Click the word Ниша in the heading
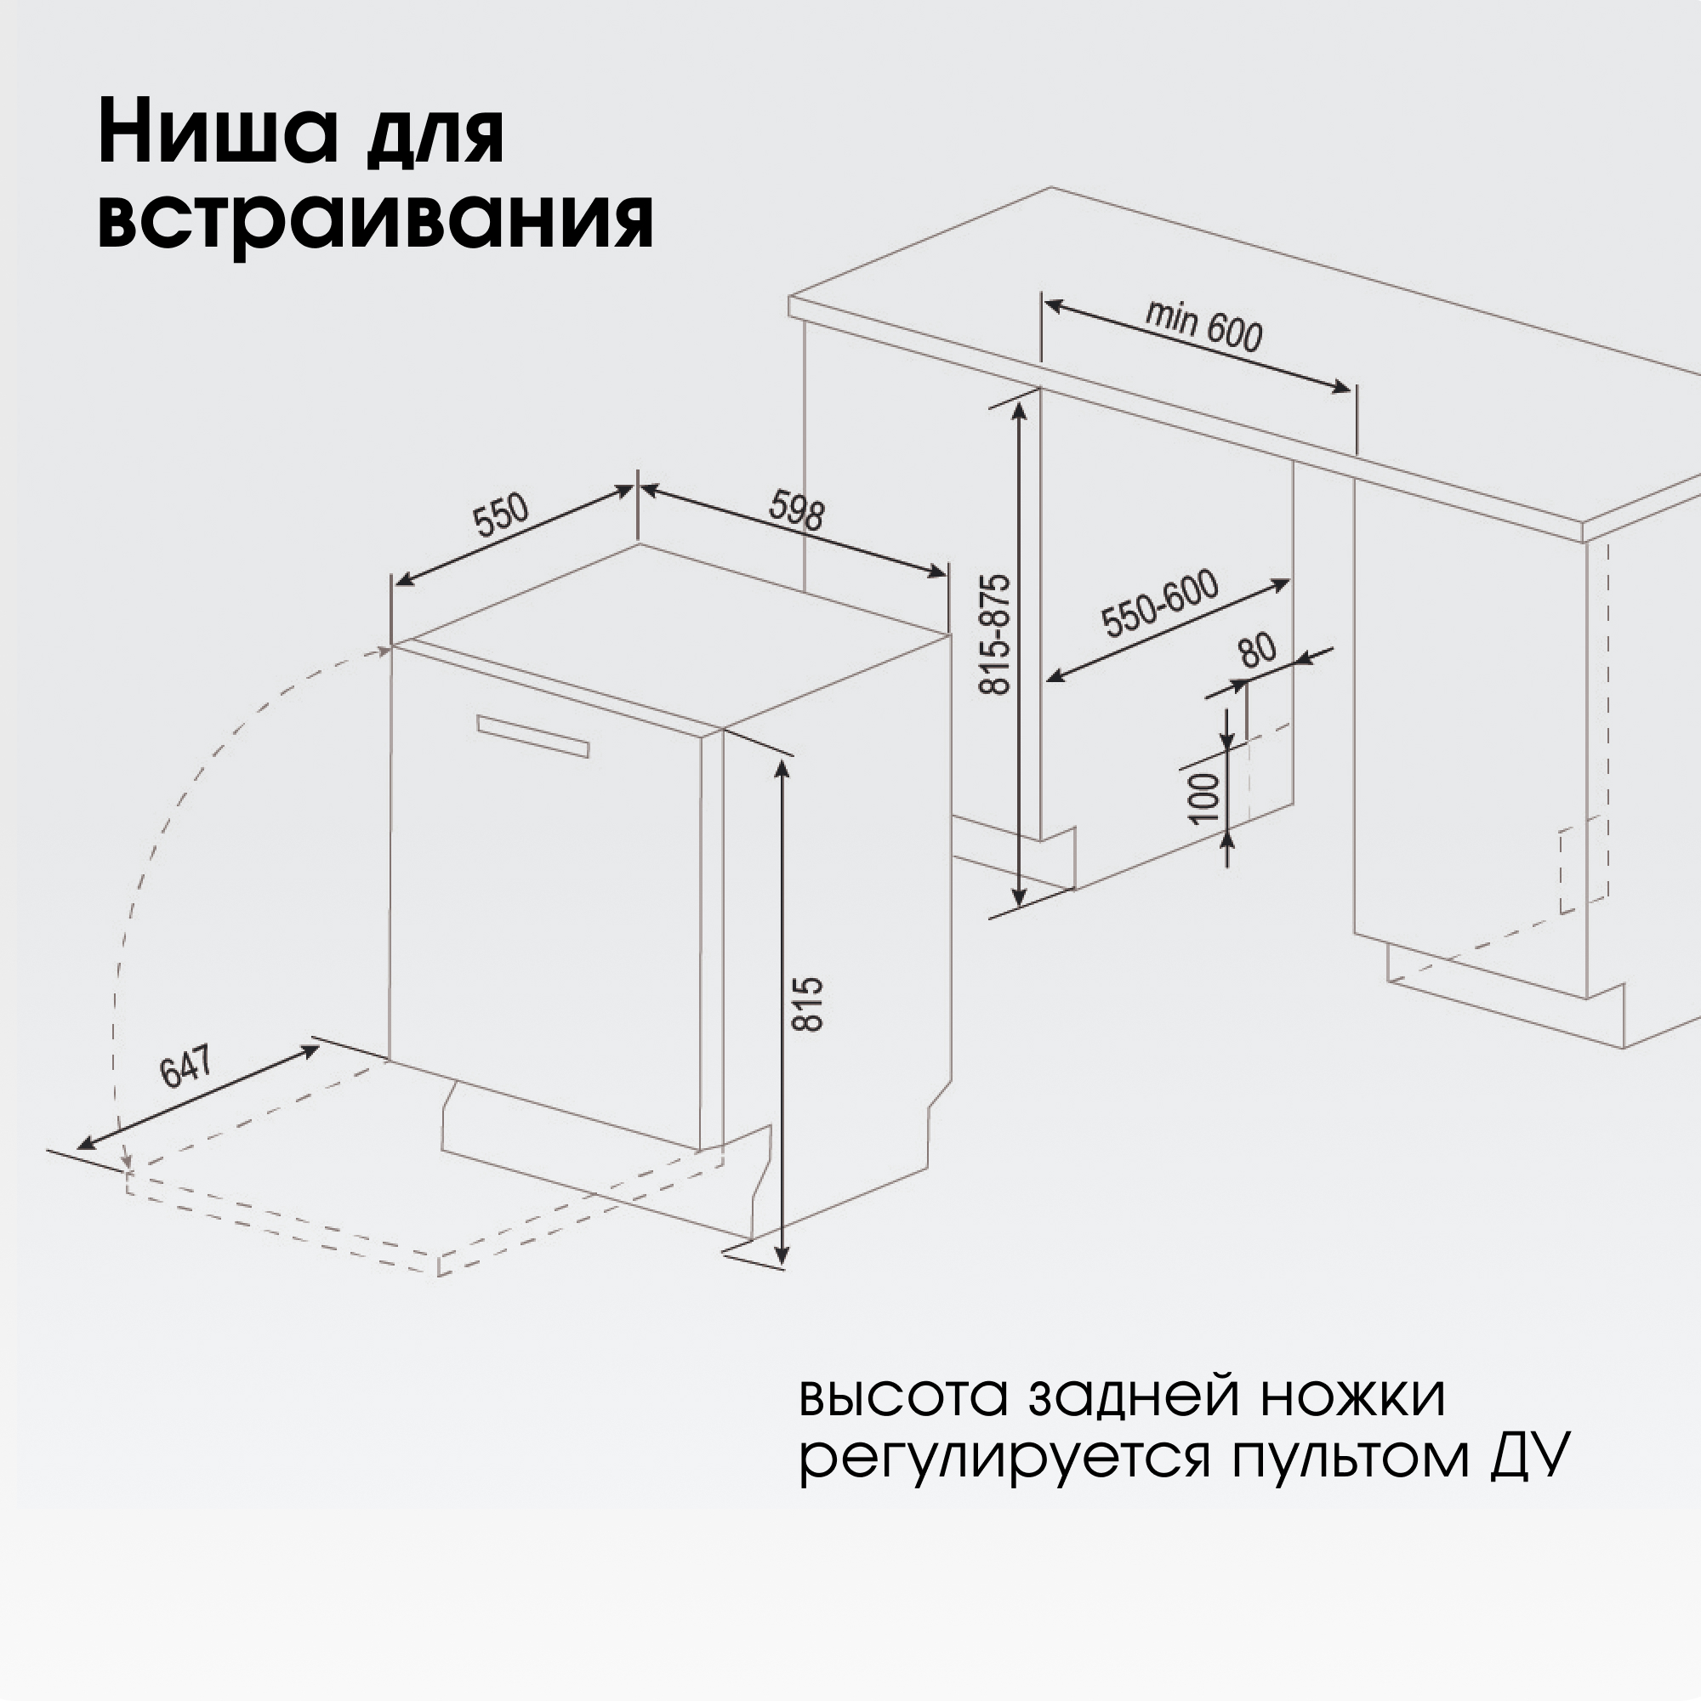218,134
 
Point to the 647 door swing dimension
185,1066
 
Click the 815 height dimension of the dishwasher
807,1003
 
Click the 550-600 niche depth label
1161,603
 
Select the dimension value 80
1257,650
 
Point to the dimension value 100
1206,798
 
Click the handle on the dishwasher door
532,736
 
